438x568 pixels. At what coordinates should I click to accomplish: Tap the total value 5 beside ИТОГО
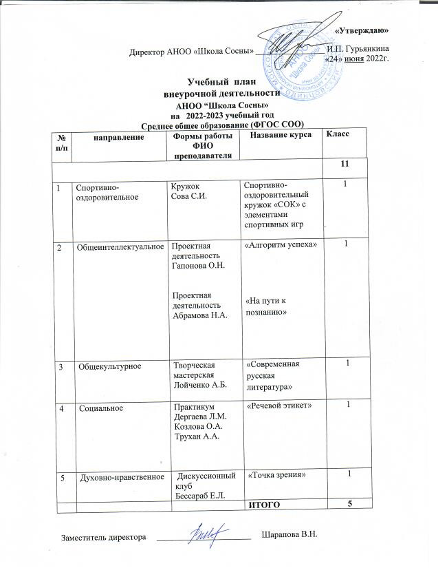point(349,505)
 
